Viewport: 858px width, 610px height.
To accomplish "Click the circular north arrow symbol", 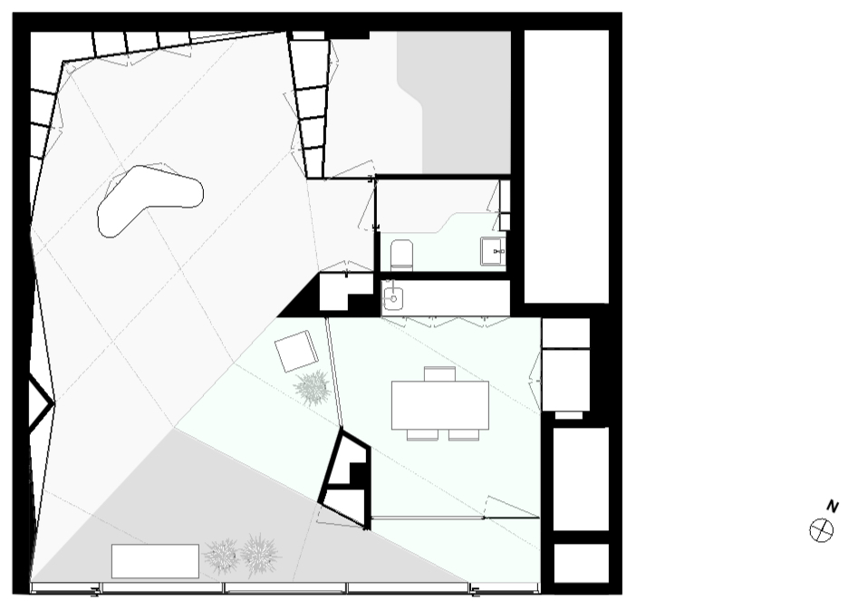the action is pos(822,530).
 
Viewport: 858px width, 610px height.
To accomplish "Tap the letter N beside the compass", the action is pos(833,506).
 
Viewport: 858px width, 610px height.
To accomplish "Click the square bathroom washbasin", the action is pos(493,251).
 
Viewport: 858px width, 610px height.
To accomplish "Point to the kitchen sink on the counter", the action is pos(393,298).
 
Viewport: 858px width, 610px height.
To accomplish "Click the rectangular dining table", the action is pos(440,404).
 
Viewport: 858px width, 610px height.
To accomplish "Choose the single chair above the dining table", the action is pos(439,373).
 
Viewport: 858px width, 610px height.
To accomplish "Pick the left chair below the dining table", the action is pos(422,435).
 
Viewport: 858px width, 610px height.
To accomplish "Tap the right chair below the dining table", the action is pos(464,435).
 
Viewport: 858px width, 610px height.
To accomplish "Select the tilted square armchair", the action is pos(296,351).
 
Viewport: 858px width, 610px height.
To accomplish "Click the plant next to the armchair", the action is pos(313,388).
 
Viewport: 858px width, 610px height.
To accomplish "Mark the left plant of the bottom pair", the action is pos(222,557).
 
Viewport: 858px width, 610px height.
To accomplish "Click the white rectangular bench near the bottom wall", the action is pos(155,561).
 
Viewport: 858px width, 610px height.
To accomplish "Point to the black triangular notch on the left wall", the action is pos(39,403).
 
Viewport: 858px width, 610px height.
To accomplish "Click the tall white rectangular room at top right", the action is pos(566,166).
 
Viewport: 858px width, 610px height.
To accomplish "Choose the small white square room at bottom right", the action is pos(581,563).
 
